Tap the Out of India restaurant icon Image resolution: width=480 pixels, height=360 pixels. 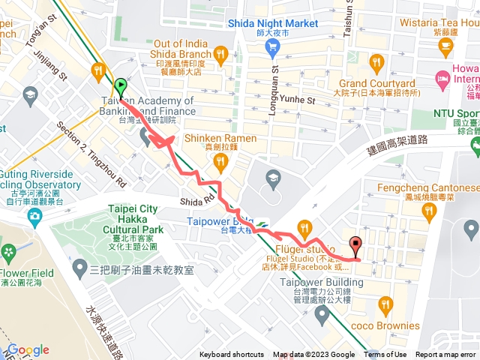click(220, 53)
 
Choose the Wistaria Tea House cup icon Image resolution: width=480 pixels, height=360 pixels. click(447, 47)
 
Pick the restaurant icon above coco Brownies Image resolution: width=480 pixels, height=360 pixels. click(386, 304)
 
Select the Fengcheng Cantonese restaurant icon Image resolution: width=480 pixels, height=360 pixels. click(430, 212)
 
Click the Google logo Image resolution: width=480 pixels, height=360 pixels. click(28, 350)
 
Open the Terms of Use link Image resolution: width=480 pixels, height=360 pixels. click(385, 355)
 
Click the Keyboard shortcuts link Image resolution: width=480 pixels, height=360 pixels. click(231, 355)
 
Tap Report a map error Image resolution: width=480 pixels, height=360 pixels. click(447, 355)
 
